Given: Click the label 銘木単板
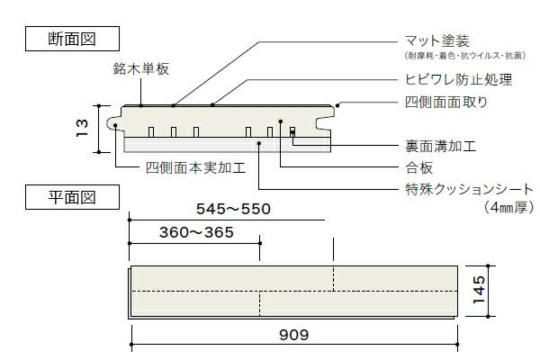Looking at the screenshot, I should [x=142, y=67].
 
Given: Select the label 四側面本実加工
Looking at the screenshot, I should [x=195, y=167].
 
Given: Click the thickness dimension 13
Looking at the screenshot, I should [x=82, y=130].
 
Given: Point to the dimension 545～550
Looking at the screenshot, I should [x=233, y=209].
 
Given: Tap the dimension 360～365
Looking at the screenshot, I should [x=195, y=232].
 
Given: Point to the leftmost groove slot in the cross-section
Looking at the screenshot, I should [x=151, y=132].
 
